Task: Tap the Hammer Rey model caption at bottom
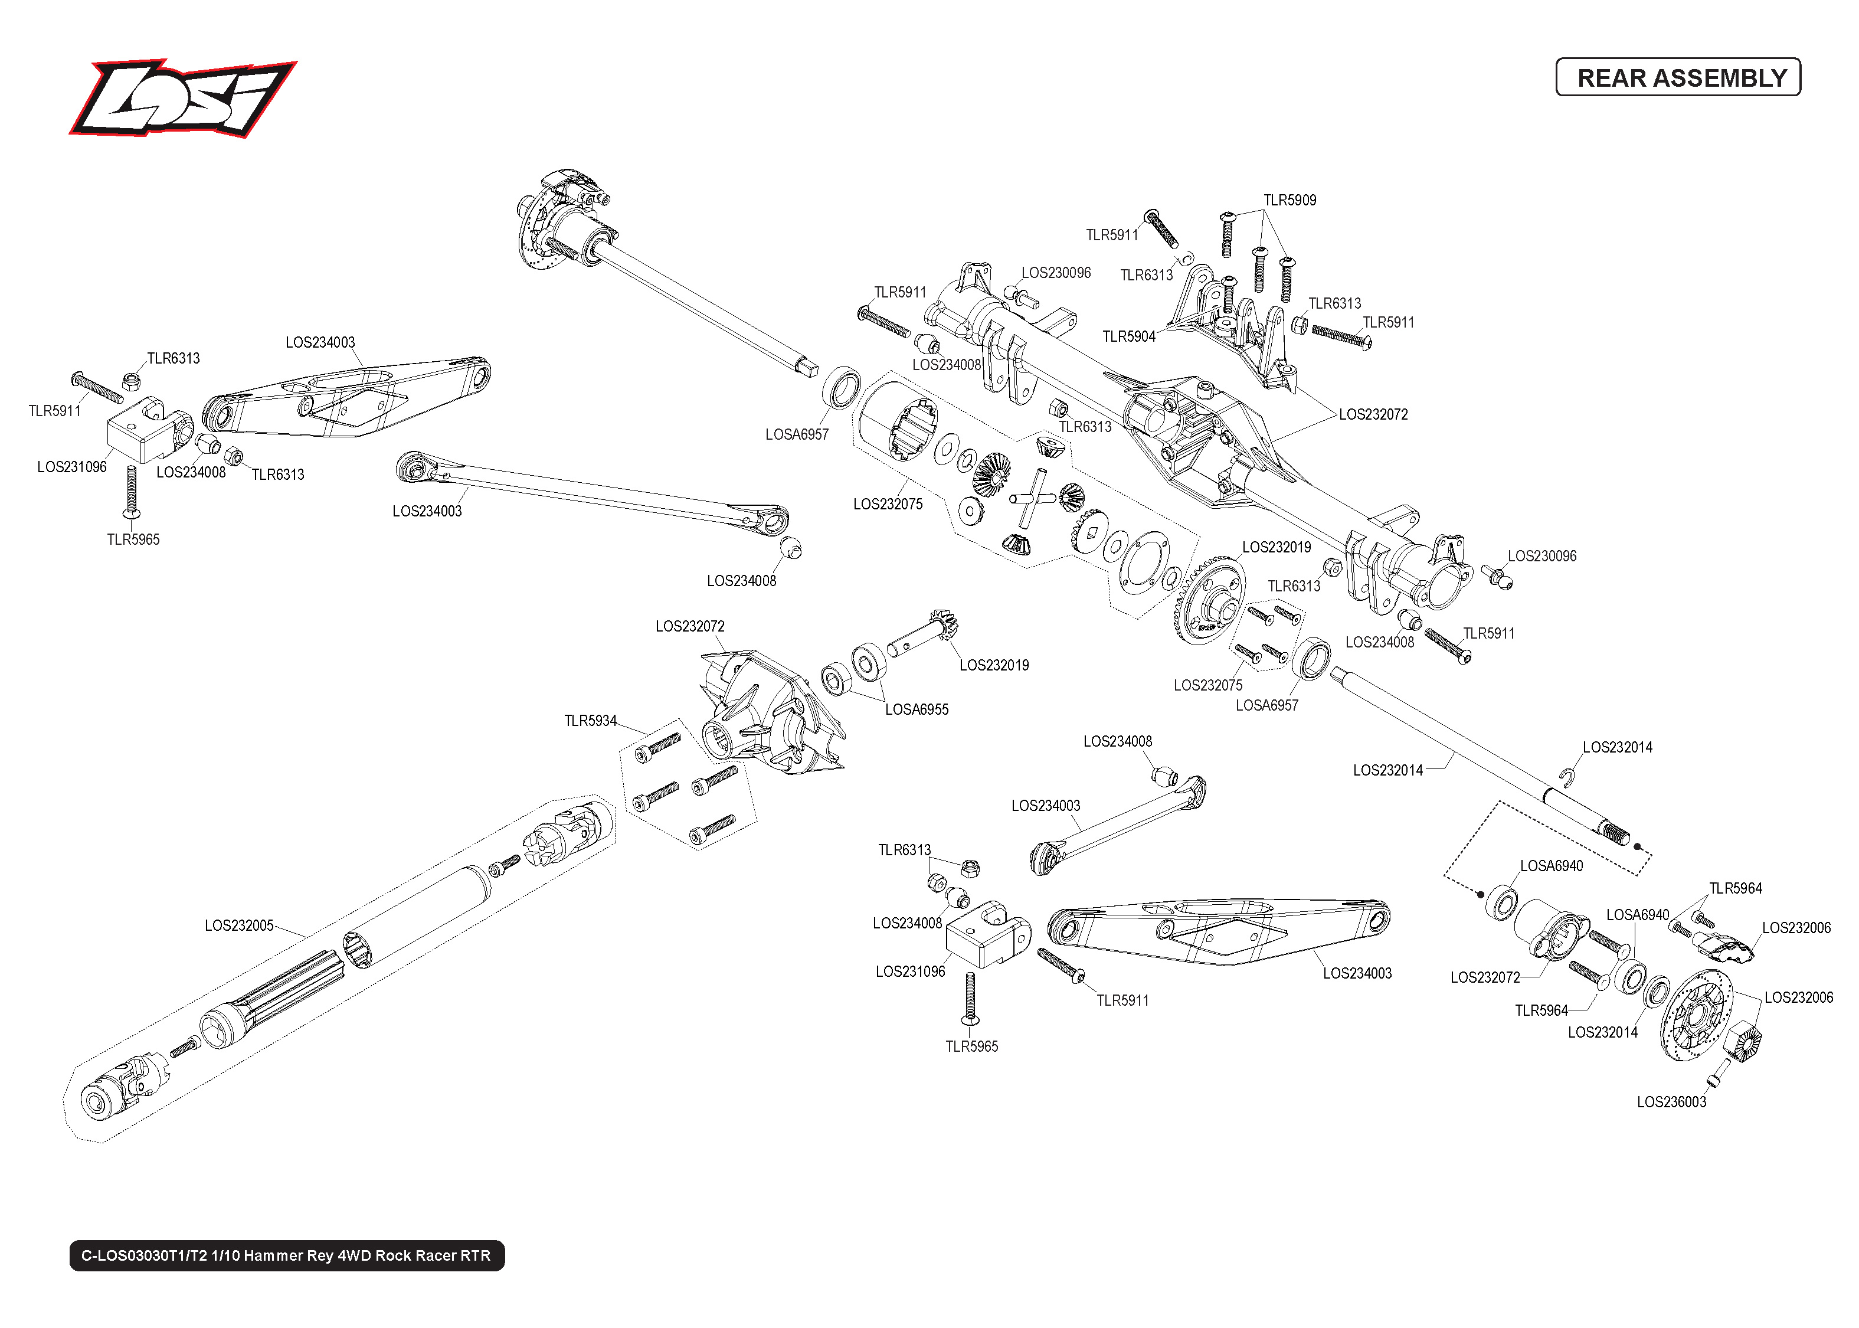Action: coord(286,1255)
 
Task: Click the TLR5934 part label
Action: coord(590,721)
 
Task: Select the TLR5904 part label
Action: coord(1128,336)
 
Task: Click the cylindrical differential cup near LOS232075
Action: coord(896,421)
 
